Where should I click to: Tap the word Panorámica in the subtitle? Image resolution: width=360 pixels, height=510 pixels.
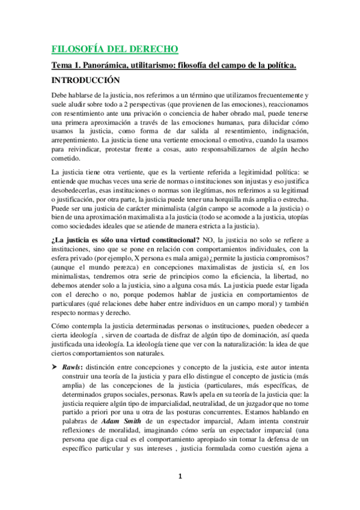[106, 65]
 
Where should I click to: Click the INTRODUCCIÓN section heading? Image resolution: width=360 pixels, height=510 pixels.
[85, 79]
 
